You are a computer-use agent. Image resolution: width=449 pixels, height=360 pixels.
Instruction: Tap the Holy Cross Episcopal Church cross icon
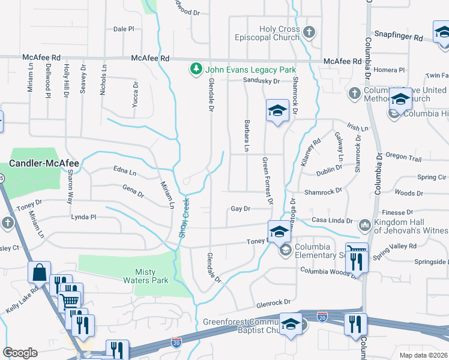309,32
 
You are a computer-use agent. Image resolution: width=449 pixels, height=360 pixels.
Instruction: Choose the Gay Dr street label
240,209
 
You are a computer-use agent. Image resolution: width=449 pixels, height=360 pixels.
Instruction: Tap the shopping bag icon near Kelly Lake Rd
39,272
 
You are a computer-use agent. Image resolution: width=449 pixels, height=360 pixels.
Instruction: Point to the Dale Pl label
124,29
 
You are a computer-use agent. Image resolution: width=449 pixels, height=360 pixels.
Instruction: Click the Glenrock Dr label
273,302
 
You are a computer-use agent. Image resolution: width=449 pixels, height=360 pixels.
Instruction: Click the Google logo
20,352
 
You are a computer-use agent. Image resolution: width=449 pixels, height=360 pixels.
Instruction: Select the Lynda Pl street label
83,217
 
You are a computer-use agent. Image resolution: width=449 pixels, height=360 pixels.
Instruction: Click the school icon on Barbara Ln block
277,110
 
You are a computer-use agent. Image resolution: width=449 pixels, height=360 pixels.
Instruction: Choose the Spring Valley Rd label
394,247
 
